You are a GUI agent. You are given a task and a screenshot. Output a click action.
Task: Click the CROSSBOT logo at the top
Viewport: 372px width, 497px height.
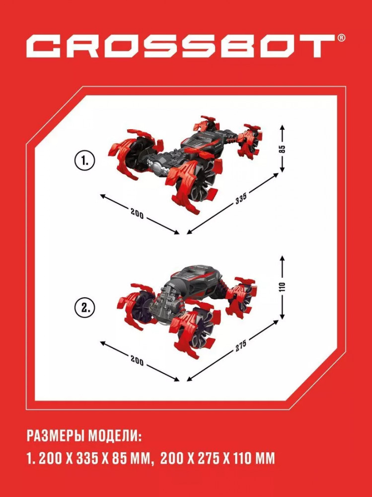[181, 46]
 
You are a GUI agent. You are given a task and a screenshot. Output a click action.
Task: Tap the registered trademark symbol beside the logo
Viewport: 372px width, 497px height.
[341, 38]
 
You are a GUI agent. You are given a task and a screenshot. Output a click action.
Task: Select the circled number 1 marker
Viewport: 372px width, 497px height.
[85, 161]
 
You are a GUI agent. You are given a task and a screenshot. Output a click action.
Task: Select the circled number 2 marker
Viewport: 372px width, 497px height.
[85, 308]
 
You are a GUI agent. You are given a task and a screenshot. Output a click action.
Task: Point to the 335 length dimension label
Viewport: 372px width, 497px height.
[241, 199]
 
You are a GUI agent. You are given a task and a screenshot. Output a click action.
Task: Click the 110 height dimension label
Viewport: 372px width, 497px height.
[282, 287]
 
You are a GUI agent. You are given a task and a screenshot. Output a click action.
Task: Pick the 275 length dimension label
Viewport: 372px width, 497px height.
[241, 346]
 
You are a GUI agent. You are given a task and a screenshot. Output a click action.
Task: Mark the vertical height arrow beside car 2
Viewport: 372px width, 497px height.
[282, 287]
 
